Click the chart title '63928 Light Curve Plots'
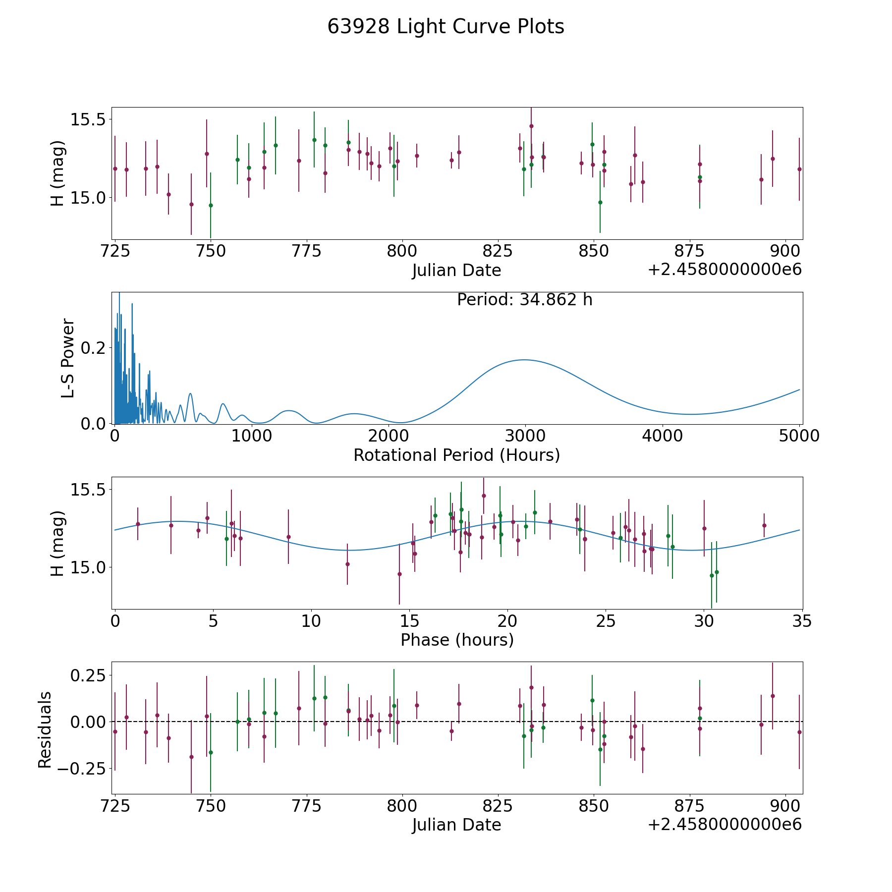click(446, 27)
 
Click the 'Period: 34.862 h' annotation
click(524, 300)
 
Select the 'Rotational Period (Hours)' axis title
click(456, 455)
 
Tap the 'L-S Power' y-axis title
click(68, 358)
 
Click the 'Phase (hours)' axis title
click(457, 640)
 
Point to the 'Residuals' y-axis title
click(45, 729)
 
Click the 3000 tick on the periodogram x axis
click(525, 436)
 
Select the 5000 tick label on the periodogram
click(799, 436)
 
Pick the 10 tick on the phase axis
click(311, 621)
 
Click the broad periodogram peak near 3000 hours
click(524, 360)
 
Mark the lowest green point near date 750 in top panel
click(211, 205)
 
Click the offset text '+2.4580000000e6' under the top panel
click(725, 270)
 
